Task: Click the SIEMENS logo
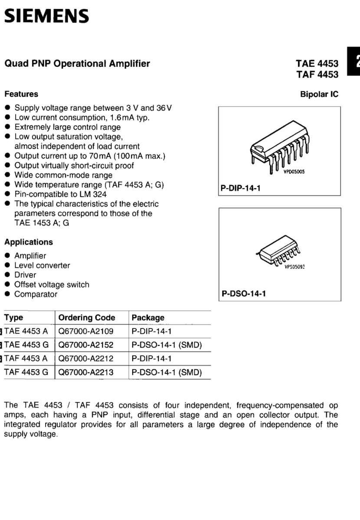click(x=46, y=16)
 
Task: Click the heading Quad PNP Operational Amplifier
click(x=77, y=64)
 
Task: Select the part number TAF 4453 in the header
click(x=317, y=74)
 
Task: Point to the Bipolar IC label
click(x=319, y=94)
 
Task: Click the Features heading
click(x=21, y=94)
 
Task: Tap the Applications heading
click(x=29, y=242)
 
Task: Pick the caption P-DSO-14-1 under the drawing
click(x=244, y=293)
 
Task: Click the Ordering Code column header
click(x=87, y=318)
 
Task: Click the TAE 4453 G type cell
click(x=26, y=345)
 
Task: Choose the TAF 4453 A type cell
click(x=26, y=358)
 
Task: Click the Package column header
click(x=148, y=318)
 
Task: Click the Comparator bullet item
click(x=36, y=294)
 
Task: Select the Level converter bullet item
click(x=42, y=265)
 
